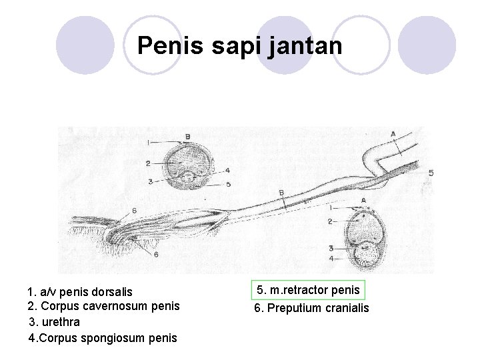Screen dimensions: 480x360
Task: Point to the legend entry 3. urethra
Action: tap(55, 322)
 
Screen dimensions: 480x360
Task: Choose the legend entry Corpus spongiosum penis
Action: tap(103, 337)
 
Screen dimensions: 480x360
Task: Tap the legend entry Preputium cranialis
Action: tap(311, 308)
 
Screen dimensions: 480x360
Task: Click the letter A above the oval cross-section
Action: tap(363, 199)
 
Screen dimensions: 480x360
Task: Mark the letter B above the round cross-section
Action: tap(187, 136)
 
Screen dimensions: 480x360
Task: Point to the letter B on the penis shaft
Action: tap(282, 193)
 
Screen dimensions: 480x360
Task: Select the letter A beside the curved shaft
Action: tap(393, 133)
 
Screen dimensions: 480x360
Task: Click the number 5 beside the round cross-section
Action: tap(229, 184)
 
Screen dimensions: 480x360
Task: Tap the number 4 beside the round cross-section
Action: tap(227, 170)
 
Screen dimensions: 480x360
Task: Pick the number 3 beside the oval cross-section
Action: tap(331, 247)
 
